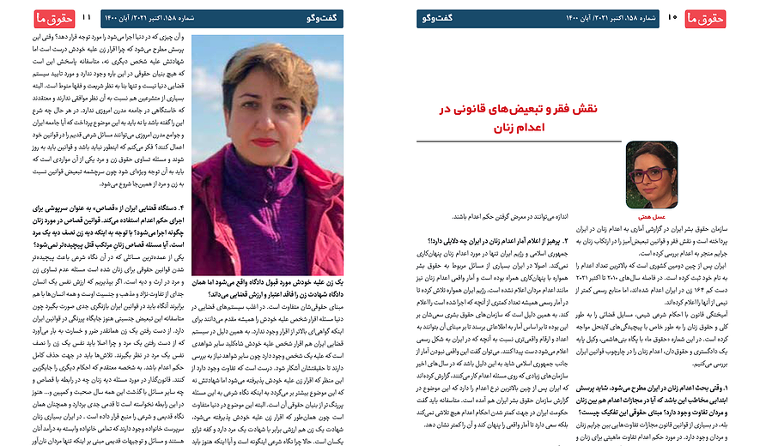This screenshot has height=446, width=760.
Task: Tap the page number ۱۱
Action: [86, 16]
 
